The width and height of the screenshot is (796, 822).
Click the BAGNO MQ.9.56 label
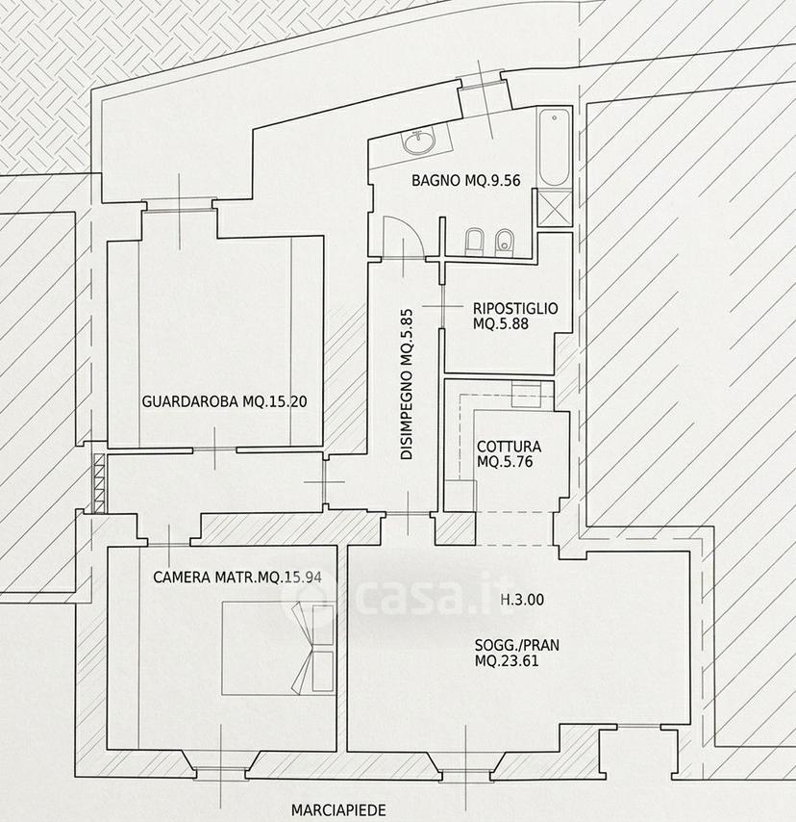point(466,180)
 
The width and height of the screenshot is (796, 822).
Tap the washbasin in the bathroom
point(418,141)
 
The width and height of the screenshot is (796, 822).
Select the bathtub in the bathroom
point(554,147)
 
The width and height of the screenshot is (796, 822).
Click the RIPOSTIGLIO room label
point(515,308)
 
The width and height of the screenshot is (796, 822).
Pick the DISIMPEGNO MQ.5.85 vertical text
point(407,384)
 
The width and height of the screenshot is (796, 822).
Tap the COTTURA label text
point(509,447)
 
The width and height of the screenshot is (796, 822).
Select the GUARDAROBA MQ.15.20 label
point(225,402)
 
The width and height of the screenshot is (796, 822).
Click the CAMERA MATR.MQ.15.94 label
point(237,578)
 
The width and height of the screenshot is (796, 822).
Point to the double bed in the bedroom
point(278,649)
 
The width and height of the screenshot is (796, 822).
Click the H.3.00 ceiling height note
point(522,600)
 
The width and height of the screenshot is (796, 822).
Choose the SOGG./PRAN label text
point(517,645)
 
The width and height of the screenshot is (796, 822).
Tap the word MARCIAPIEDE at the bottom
point(338,809)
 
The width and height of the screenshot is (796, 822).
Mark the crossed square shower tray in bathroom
point(555,208)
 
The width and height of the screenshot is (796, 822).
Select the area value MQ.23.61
point(507,660)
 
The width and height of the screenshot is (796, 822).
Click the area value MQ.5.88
point(501,323)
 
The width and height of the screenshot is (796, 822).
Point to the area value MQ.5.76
point(505,461)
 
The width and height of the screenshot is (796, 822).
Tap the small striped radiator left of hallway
point(99,483)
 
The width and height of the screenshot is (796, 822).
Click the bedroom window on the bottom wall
point(221,772)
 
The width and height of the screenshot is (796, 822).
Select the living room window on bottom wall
point(466,772)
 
